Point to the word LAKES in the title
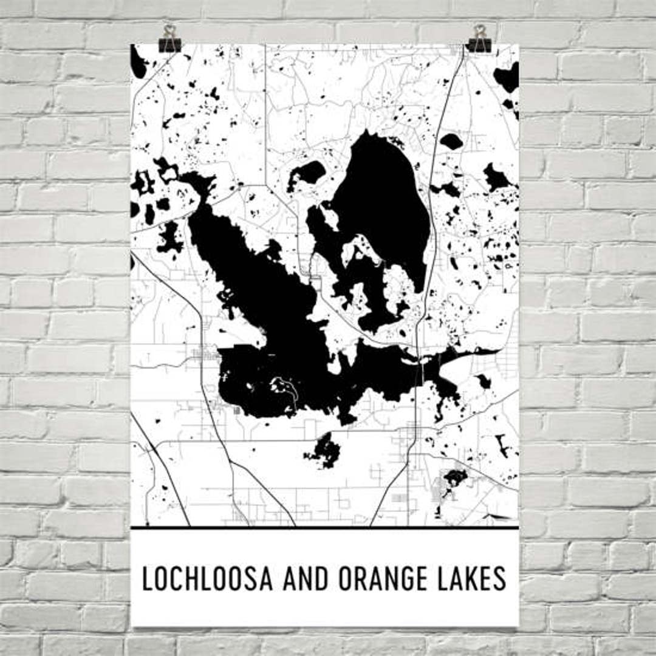coord(474,578)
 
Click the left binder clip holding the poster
coord(169,39)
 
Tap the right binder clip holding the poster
coord(480,39)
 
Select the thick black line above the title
coord(324,528)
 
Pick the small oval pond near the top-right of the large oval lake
coord(451,142)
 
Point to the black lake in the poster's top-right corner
coord(508,78)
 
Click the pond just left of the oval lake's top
coord(310,173)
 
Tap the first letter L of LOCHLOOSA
coord(146,578)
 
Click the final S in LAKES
coord(500,578)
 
